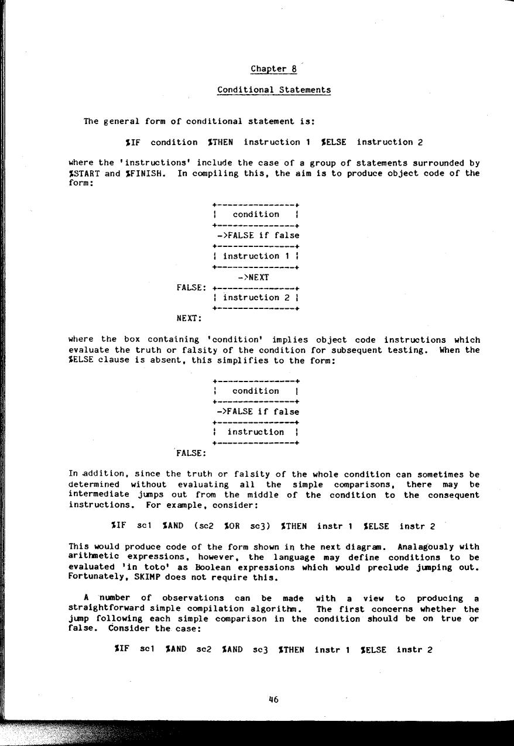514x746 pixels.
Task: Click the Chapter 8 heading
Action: (273, 69)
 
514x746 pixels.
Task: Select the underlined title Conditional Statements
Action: (273, 90)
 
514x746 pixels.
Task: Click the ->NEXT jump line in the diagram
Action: (253, 277)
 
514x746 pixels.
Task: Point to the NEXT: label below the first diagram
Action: (189, 319)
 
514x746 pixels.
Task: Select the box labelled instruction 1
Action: (256, 256)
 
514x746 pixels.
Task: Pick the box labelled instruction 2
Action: (256, 298)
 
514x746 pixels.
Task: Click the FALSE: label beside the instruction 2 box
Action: (191, 287)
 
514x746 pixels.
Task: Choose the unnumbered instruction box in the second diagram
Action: (256, 432)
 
